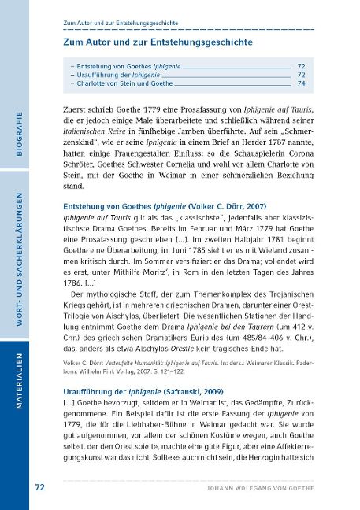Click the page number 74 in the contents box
301,81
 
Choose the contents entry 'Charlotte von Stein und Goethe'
121,81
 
